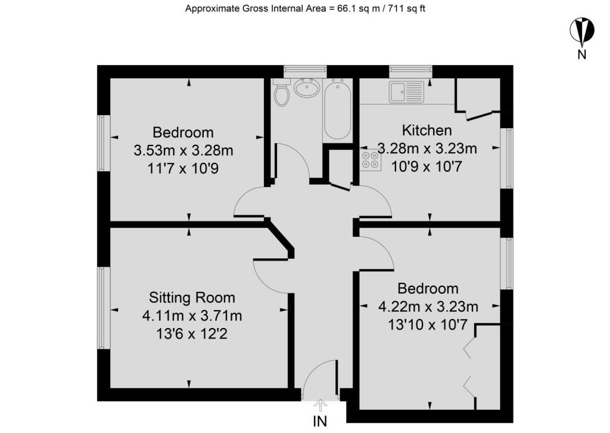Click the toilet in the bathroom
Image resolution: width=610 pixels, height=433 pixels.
click(x=281, y=92)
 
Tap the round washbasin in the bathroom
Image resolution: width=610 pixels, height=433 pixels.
click(x=307, y=88)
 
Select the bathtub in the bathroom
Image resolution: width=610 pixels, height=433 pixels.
click(x=338, y=109)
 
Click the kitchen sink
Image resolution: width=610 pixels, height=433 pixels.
click(x=406, y=92)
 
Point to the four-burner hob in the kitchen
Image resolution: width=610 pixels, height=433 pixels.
click(x=370, y=160)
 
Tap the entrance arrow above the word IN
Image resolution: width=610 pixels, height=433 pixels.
click(x=320, y=406)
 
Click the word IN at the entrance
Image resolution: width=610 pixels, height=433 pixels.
click(x=320, y=421)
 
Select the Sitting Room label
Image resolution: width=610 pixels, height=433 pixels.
click(x=192, y=298)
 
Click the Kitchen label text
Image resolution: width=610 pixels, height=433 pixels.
click(x=427, y=130)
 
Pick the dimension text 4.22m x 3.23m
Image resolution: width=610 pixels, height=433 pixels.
click(x=428, y=307)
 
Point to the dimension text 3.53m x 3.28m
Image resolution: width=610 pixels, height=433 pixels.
click(x=183, y=150)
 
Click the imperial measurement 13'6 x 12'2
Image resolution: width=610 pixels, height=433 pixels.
click(x=191, y=334)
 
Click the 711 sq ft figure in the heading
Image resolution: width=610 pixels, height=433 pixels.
click(x=406, y=8)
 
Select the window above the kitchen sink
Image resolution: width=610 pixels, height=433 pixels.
click(x=411, y=72)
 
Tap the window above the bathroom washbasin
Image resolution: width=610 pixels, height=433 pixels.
click(x=305, y=72)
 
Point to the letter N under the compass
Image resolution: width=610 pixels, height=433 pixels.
click(x=581, y=54)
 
